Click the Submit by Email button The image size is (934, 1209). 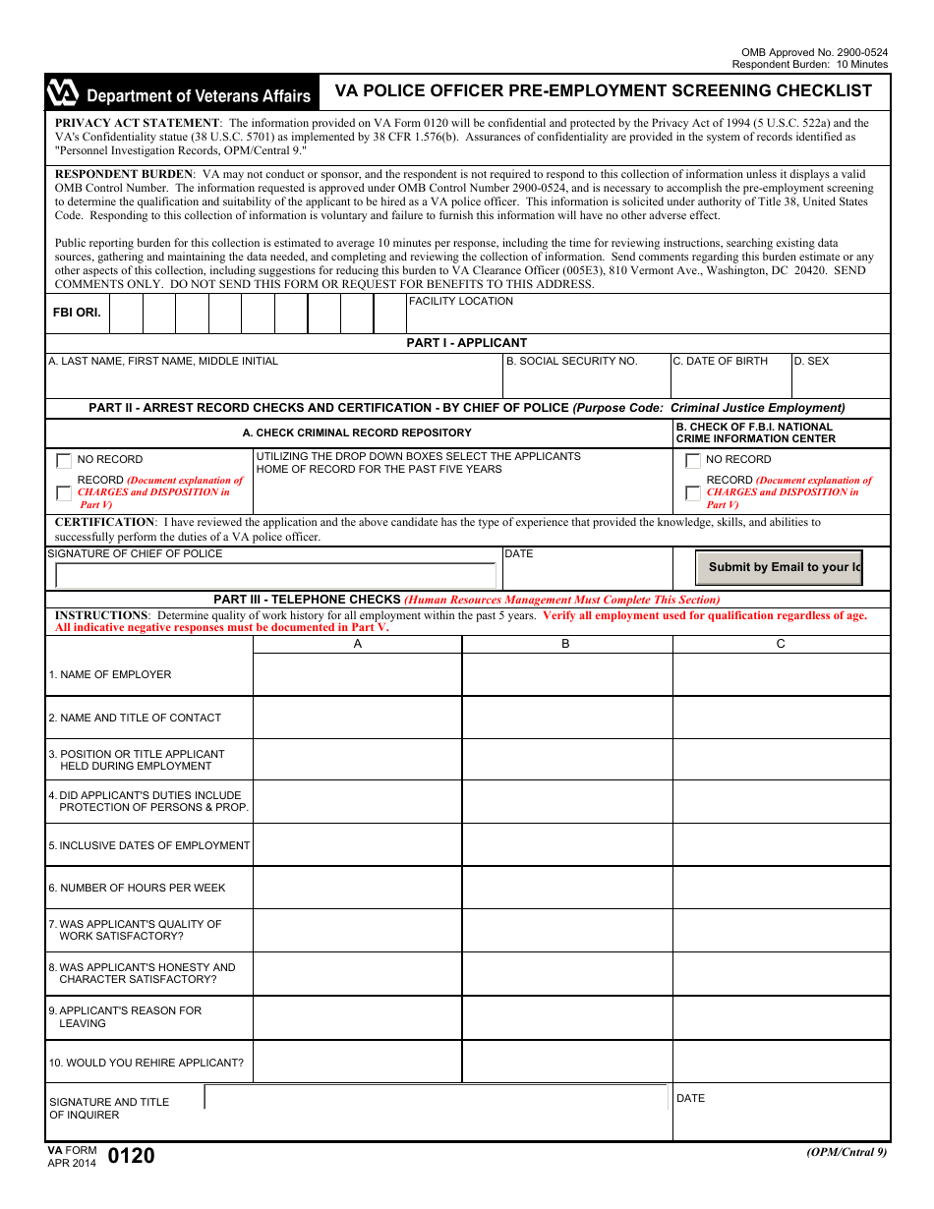tap(779, 567)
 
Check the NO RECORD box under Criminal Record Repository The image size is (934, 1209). tap(64, 460)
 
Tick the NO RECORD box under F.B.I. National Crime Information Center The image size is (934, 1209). tap(693, 460)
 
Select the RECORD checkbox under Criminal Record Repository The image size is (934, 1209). tap(64, 492)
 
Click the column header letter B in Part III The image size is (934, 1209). tap(565, 644)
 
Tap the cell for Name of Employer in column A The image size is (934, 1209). tap(357, 674)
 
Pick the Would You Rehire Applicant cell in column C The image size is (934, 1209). tap(781, 1063)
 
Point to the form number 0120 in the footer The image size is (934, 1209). tap(131, 1156)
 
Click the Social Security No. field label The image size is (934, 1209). tap(571, 361)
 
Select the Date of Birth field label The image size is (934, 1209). tap(720, 361)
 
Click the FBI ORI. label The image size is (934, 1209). tap(77, 313)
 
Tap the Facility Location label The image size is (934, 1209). tap(460, 302)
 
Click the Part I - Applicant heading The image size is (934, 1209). tap(467, 343)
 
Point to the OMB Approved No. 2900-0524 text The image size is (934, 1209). tap(814, 52)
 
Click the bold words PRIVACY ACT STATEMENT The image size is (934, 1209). tap(137, 123)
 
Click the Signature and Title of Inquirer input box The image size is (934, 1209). tap(436, 1097)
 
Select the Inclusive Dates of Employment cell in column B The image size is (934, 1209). tap(566, 845)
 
